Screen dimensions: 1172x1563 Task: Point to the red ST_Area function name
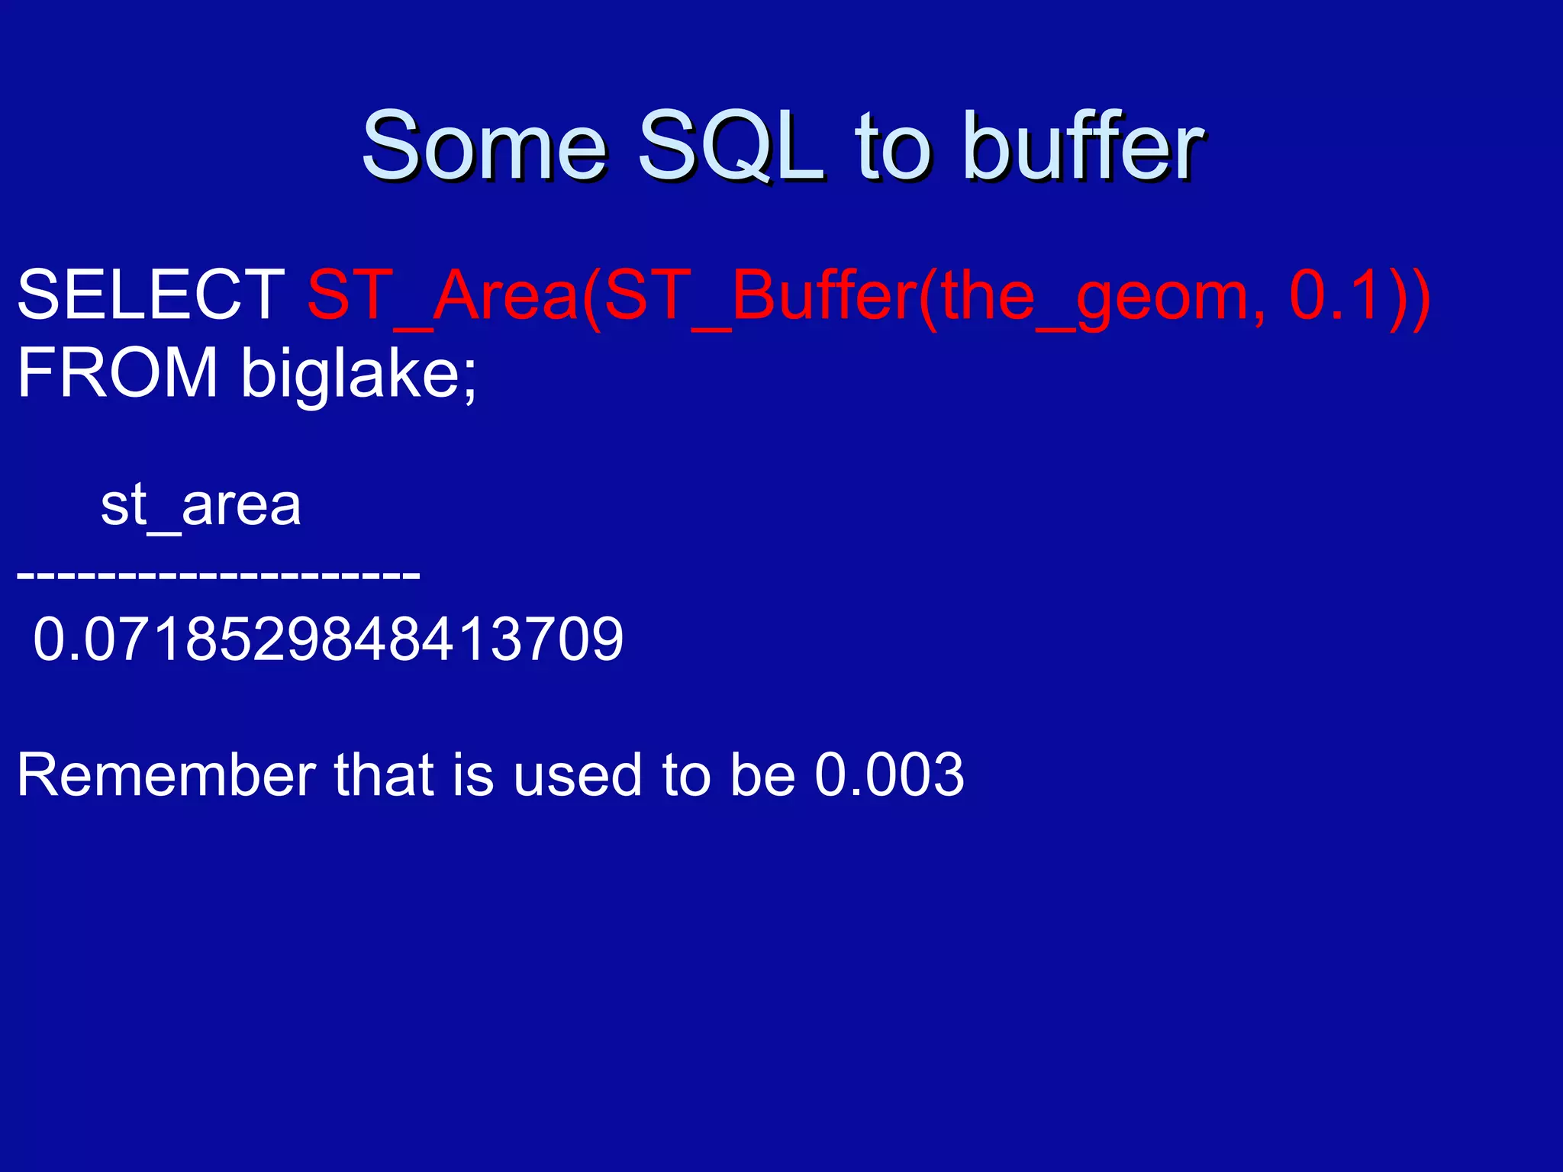tap(443, 296)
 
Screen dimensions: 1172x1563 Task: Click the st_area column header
tap(201, 506)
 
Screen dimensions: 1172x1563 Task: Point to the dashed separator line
tap(218, 573)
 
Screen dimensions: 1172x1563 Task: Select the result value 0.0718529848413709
tap(328, 639)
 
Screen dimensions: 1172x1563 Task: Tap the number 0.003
tap(889, 775)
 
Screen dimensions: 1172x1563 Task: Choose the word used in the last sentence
tap(577, 775)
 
